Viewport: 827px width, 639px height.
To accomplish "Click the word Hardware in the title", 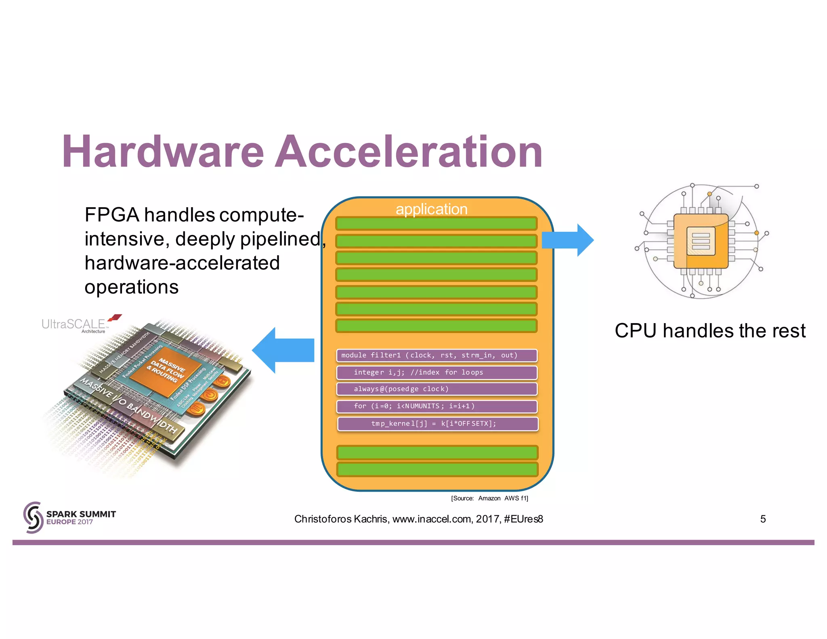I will tap(163, 152).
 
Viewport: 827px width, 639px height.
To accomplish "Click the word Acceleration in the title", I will tap(409, 152).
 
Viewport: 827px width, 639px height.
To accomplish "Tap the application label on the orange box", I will tap(431, 209).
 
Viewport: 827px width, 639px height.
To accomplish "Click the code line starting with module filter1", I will tap(437, 355).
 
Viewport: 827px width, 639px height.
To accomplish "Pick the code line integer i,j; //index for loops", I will tap(437, 372).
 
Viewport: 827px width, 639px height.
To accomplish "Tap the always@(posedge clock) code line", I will tap(437, 389).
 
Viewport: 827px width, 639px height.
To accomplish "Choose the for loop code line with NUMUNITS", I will tap(437, 406).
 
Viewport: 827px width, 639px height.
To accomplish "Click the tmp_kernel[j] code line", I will tap(437, 424).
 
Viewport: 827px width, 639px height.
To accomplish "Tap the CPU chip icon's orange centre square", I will tap(701, 241).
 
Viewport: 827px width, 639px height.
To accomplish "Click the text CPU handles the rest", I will tap(710, 331).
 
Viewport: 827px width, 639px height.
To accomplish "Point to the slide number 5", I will tap(763, 519).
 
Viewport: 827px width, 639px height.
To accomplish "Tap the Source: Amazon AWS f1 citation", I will tap(489, 498).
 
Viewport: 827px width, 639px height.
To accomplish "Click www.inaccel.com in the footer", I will tap(432, 519).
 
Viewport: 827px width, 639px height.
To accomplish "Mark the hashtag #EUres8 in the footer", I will tap(523, 519).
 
